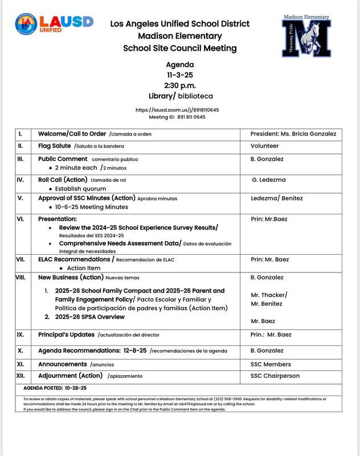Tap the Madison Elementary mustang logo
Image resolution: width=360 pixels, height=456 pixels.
coord(306,36)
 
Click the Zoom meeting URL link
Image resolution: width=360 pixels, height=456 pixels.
coord(177,109)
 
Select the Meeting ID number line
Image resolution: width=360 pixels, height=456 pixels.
coord(177,117)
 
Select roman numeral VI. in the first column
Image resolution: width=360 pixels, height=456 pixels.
coord(21,219)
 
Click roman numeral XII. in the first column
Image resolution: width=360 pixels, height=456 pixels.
coord(21,376)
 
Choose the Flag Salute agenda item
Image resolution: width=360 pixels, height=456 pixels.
coord(54,146)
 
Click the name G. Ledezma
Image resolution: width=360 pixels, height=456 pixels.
coord(269,180)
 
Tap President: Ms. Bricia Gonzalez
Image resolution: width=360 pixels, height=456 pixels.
coord(293,134)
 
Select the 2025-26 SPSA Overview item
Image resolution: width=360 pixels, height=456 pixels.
coord(89,317)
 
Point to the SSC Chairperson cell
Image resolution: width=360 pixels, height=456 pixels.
coord(275,376)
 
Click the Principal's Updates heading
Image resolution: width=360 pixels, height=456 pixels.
coord(66,335)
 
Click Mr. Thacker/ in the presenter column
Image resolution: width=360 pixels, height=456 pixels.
coord(269,295)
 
